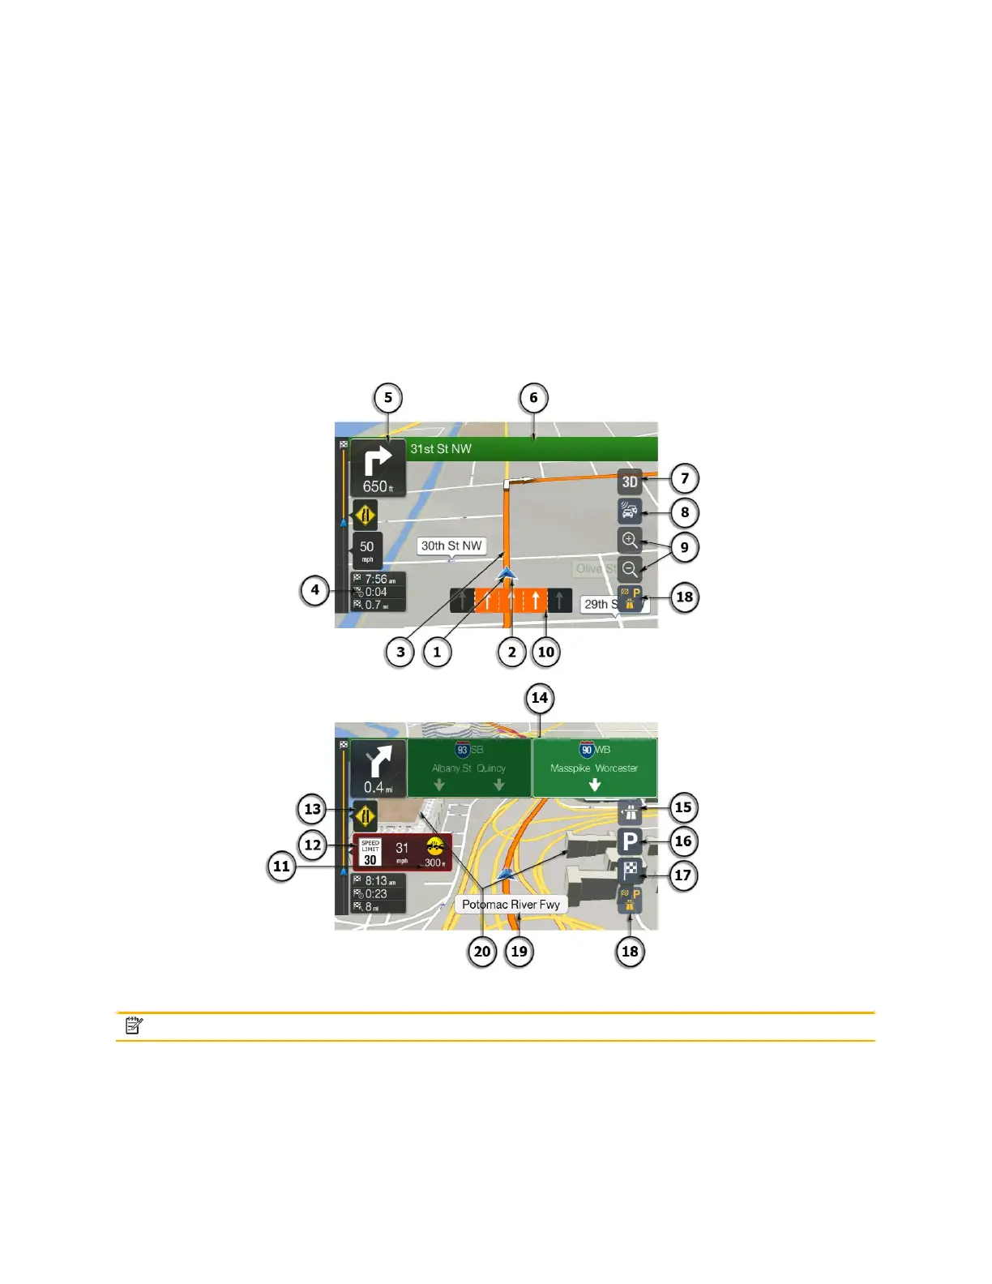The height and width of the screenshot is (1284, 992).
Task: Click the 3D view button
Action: [630, 481]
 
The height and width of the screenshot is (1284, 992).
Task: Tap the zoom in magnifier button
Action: [630, 540]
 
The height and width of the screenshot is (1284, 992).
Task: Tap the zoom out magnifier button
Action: [630, 568]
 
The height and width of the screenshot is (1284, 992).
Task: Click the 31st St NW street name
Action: [441, 449]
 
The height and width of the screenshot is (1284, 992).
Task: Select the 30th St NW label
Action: [451, 546]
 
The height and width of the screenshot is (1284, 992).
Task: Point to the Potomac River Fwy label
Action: [511, 905]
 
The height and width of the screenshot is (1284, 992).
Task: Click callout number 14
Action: [539, 698]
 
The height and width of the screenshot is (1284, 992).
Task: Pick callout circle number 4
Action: [315, 589]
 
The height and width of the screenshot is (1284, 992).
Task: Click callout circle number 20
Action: [482, 951]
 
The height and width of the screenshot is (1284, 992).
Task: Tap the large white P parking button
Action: [630, 841]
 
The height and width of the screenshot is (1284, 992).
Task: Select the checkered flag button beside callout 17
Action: [630, 871]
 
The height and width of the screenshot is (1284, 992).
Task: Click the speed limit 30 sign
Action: [370, 852]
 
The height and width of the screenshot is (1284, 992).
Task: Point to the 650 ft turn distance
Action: [378, 486]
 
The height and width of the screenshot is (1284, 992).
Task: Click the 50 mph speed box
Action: [367, 550]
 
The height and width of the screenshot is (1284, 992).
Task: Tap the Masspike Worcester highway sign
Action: [594, 768]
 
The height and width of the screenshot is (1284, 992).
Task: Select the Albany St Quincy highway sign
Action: [468, 768]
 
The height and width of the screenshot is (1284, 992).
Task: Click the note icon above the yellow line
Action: [135, 1026]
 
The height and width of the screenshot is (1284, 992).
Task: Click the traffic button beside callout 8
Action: [630, 511]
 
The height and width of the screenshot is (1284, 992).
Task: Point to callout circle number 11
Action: [281, 866]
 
